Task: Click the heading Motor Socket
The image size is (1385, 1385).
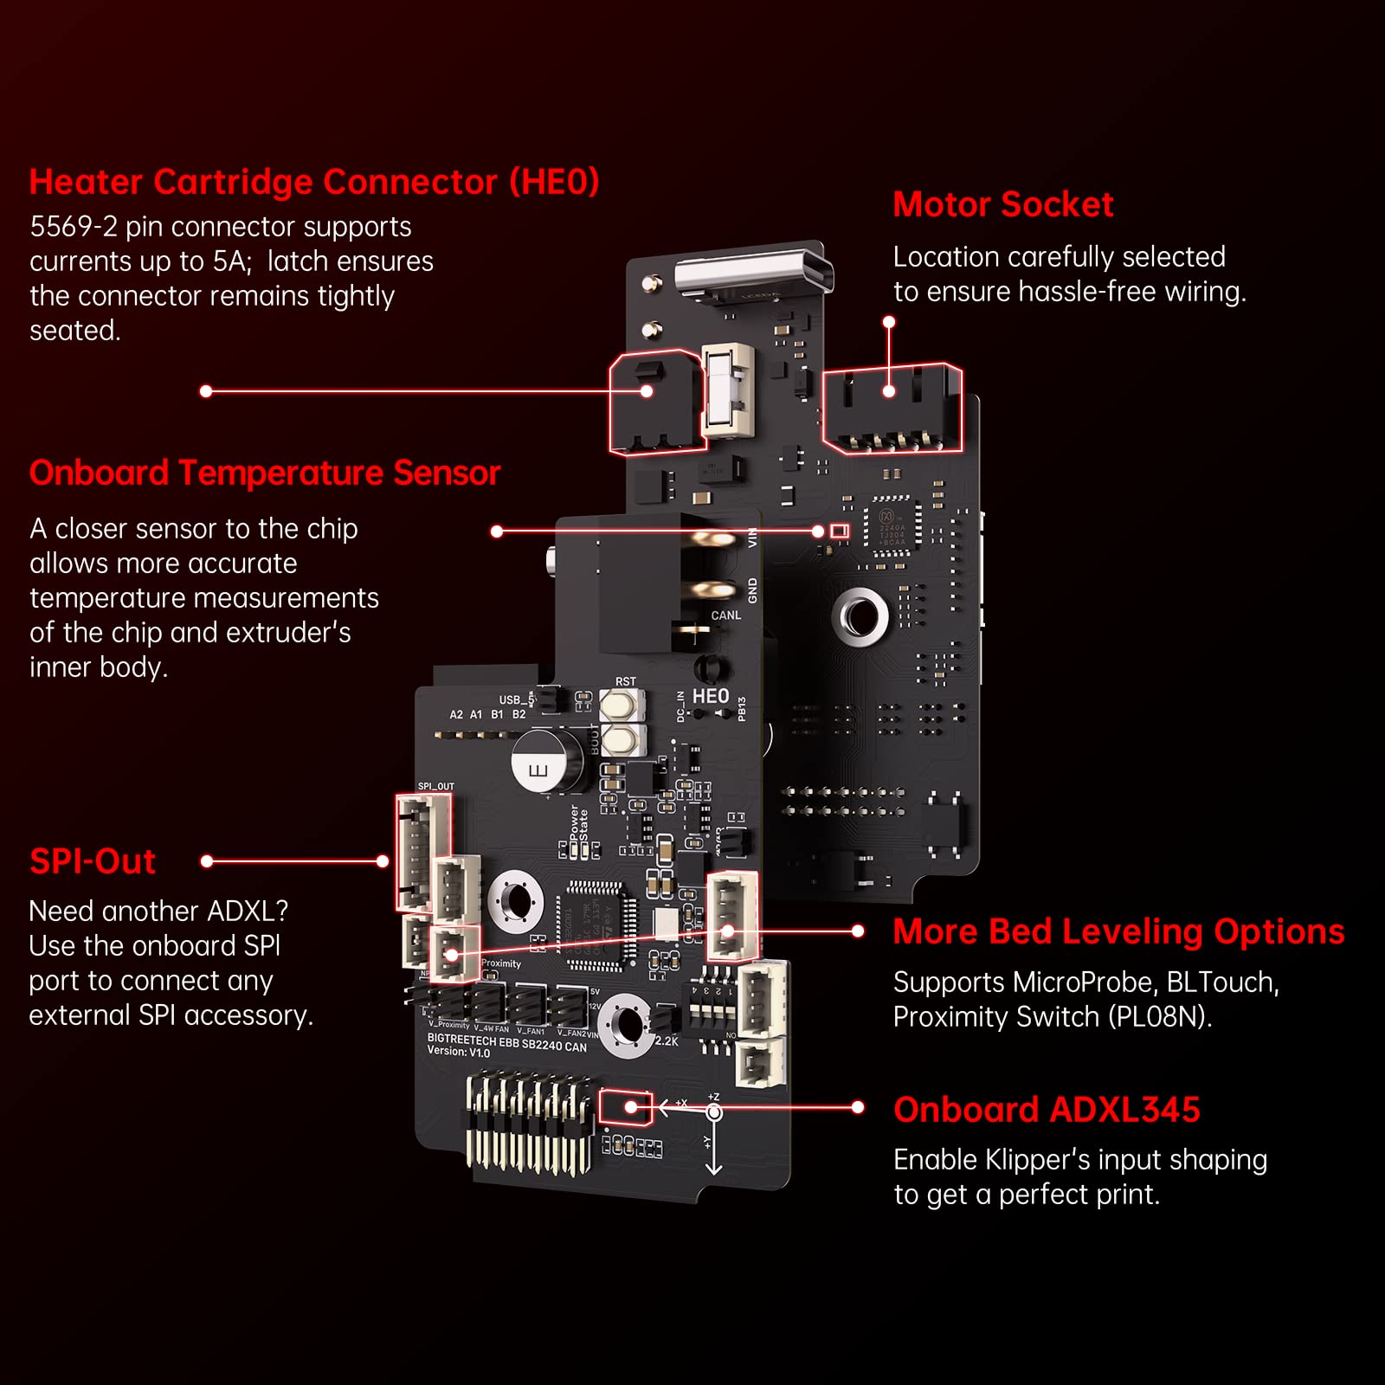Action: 1002,205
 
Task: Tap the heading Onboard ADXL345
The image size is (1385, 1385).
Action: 1047,1110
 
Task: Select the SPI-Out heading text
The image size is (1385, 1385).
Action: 93,861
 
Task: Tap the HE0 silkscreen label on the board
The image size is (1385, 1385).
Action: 711,696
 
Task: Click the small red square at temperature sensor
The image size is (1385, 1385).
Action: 839,531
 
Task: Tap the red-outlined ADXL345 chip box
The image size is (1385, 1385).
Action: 626,1107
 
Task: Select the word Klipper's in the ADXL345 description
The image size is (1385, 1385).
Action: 1049,1160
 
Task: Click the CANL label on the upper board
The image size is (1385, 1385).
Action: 725,615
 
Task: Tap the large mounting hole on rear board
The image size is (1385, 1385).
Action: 860,617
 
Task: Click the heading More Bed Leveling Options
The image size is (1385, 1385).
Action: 1118,931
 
